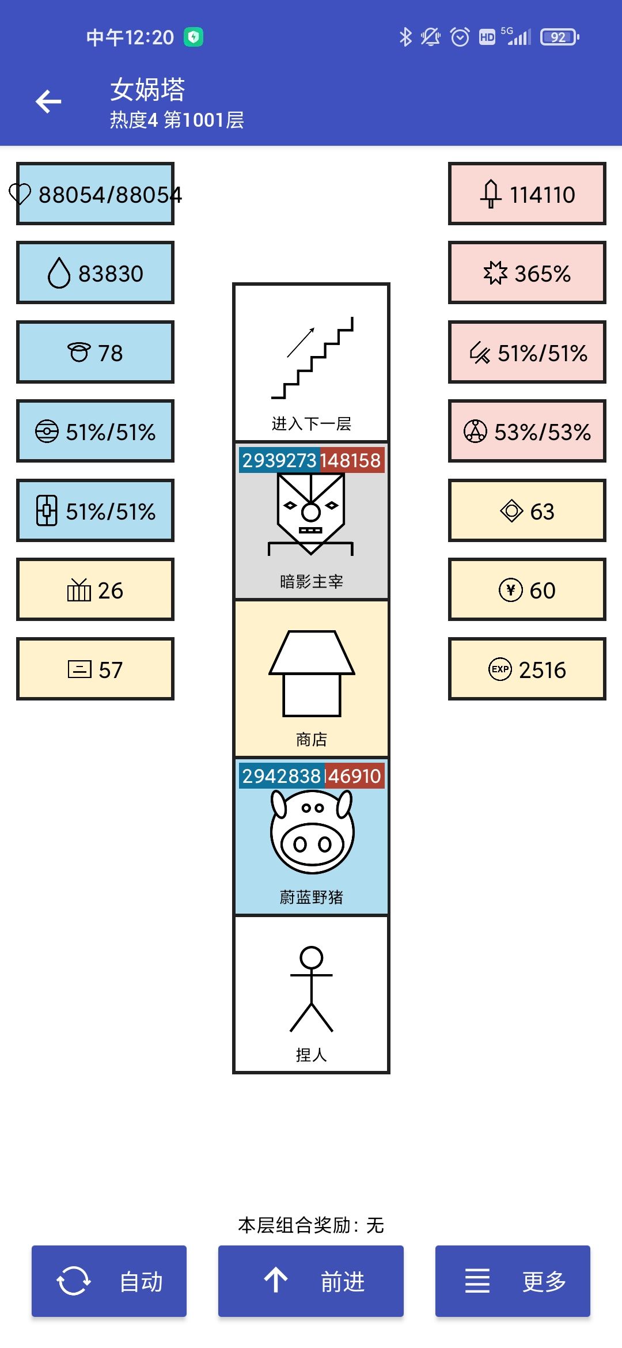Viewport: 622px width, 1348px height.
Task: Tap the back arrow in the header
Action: point(48,102)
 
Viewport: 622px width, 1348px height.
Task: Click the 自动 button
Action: point(109,1281)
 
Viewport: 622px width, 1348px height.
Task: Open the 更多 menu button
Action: point(513,1281)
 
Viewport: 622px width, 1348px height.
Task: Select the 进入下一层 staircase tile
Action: point(311,362)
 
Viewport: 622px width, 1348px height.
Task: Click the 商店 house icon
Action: point(312,673)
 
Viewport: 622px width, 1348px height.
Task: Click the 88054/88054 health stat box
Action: point(95,194)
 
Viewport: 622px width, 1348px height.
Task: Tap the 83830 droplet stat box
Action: point(95,273)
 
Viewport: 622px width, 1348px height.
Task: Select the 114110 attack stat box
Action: point(527,194)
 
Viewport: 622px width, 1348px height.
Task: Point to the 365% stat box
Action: point(527,273)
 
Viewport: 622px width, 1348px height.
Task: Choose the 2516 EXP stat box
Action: point(527,669)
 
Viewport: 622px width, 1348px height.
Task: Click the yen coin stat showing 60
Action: point(527,590)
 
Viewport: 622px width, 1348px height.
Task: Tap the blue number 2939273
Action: point(279,460)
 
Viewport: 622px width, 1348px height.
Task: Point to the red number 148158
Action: point(350,460)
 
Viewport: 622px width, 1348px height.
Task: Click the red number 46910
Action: point(354,776)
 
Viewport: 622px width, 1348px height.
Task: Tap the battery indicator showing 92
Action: point(559,37)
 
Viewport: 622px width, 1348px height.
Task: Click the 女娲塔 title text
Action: point(147,90)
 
